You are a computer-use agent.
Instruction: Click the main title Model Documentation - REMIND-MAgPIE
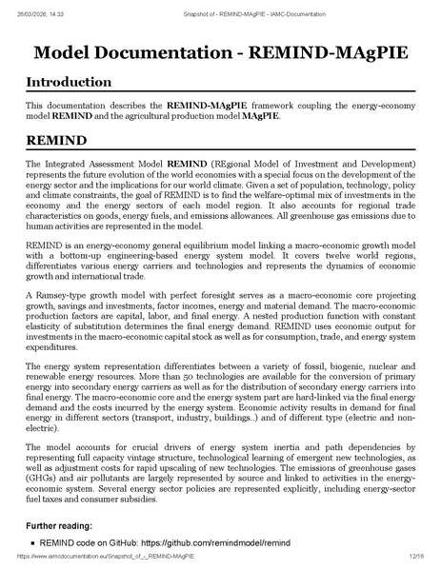click(220, 50)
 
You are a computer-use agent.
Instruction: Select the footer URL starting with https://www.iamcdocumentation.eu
click(99, 561)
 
